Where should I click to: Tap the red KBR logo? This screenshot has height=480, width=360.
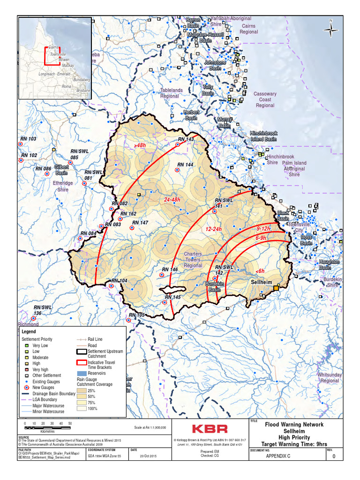click(210, 428)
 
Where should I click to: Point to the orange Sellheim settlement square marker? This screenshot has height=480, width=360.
click(276, 289)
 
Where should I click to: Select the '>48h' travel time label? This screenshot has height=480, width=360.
click(140, 146)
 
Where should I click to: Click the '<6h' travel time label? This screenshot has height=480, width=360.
click(261, 271)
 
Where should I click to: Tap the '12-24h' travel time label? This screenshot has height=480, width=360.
click(213, 229)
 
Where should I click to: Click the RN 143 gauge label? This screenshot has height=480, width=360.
click(185, 139)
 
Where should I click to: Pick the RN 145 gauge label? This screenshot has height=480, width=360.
click(172, 297)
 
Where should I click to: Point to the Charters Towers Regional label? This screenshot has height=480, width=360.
click(193, 260)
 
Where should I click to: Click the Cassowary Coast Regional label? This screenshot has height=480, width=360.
click(265, 99)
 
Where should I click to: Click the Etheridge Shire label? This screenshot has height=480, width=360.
click(63, 186)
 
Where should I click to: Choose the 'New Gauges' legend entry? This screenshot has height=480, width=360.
click(44, 388)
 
